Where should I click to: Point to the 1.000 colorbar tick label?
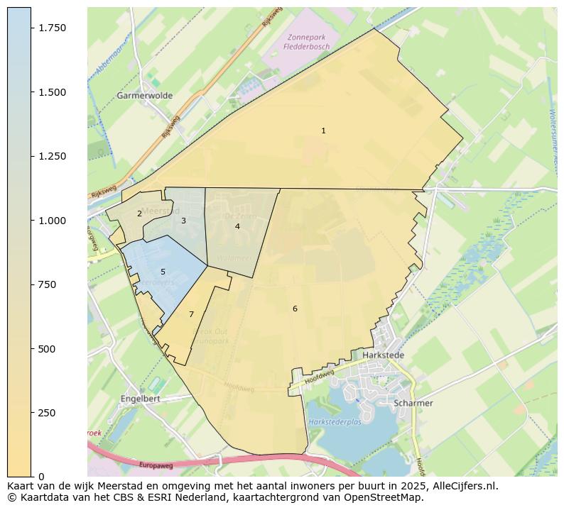52,221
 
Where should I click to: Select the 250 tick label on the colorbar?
47,413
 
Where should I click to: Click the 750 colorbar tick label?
47,284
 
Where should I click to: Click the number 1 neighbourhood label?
323,131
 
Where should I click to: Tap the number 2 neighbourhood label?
139,214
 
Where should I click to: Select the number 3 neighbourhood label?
183,221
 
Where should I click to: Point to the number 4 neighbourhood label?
237,226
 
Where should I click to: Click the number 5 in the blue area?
163,272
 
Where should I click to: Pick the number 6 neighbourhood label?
295,309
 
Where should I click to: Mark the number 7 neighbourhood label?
191,314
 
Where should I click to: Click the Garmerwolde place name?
144,95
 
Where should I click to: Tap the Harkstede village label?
383,355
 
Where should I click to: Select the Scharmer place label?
413,403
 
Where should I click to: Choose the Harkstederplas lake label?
335,422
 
